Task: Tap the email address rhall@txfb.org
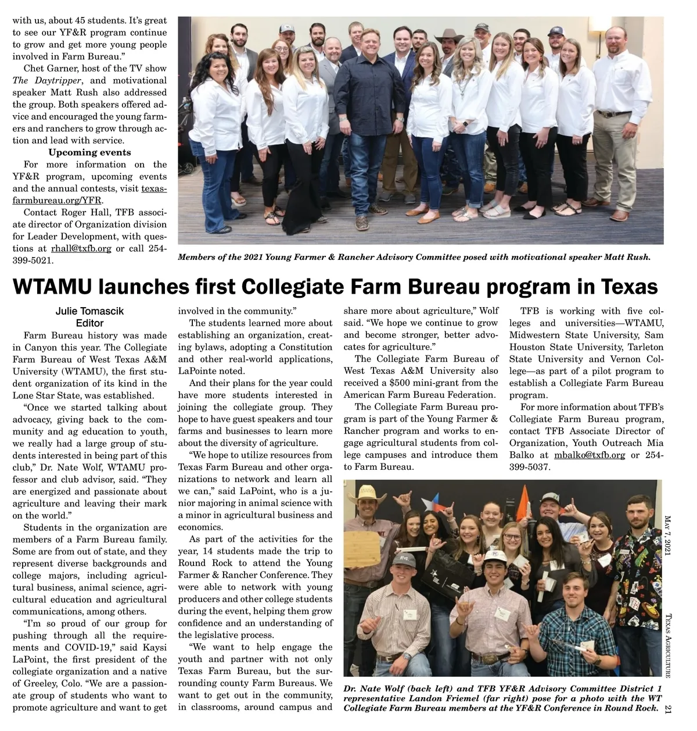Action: (x=81, y=248)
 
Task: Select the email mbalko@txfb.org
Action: (x=590, y=455)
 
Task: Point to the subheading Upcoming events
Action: (x=89, y=152)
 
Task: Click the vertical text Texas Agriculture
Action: (x=668, y=646)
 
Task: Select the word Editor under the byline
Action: (x=89, y=323)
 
